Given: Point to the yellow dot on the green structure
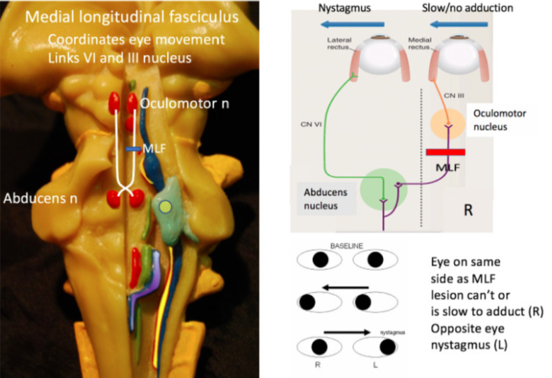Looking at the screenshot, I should tap(164, 206).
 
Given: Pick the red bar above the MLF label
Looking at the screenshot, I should tap(445, 152).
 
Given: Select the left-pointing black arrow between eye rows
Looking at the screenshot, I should tap(343, 286).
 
